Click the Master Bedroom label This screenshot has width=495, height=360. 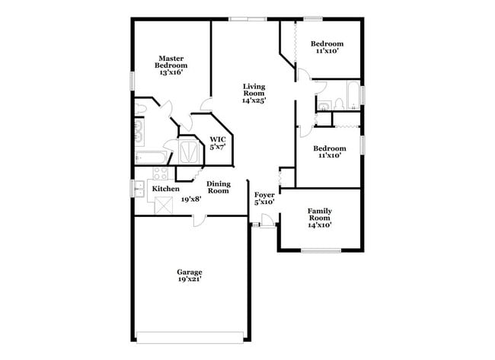pos(171,62)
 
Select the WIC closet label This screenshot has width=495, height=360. pos(218,142)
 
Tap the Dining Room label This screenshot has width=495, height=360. pos(218,187)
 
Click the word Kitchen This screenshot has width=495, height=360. pos(165,189)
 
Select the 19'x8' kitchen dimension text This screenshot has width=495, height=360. pos(190,199)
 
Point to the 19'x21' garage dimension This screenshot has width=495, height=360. pos(190,280)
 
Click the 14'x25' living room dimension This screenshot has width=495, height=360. pos(254,100)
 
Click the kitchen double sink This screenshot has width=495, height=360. pos(139,188)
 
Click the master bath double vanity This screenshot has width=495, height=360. pos(139,130)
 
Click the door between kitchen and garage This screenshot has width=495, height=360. pos(197,219)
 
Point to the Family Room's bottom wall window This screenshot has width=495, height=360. pos(321,250)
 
